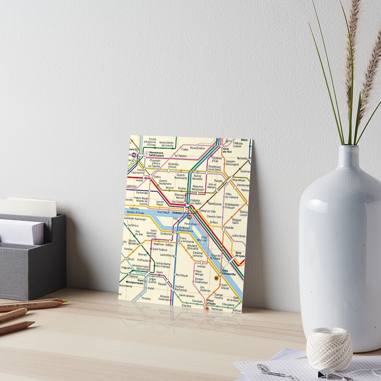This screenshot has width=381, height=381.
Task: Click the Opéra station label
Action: tap(157, 177)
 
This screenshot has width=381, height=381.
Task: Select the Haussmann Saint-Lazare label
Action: tap(156, 154)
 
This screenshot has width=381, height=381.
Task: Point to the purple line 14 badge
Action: tap(134, 155)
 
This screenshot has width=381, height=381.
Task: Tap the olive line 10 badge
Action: tap(216, 278)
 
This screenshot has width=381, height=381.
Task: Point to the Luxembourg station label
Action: tap(168, 255)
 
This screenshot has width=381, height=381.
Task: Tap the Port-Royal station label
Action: tap(182, 275)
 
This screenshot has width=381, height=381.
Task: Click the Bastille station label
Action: tap(229, 228)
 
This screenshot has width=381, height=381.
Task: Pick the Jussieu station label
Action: tap(201, 266)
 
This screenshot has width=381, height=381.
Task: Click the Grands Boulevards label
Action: tap(181, 177)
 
